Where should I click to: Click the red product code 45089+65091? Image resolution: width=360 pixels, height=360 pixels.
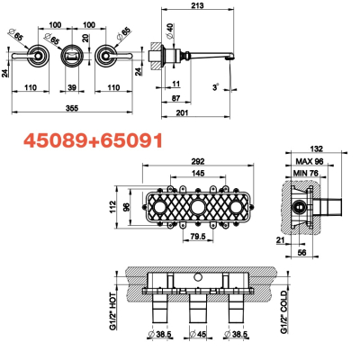tap(94, 140)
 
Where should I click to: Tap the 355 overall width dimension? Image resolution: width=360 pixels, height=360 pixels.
tap(72, 108)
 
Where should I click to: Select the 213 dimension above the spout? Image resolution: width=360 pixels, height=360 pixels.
tap(197, 5)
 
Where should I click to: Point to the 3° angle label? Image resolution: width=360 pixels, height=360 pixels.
tap(216, 87)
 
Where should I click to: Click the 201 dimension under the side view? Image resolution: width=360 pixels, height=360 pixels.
tap(182, 112)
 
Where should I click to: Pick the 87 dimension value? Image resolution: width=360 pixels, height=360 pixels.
tap(176, 98)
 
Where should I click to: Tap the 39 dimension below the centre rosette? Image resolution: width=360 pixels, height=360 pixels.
tap(72, 87)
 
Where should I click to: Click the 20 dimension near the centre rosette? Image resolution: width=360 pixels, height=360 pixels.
tap(85, 39)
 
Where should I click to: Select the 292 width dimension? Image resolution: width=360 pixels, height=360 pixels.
tap(198, 161)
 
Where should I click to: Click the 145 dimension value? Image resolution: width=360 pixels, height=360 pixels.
tap(198, 173)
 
